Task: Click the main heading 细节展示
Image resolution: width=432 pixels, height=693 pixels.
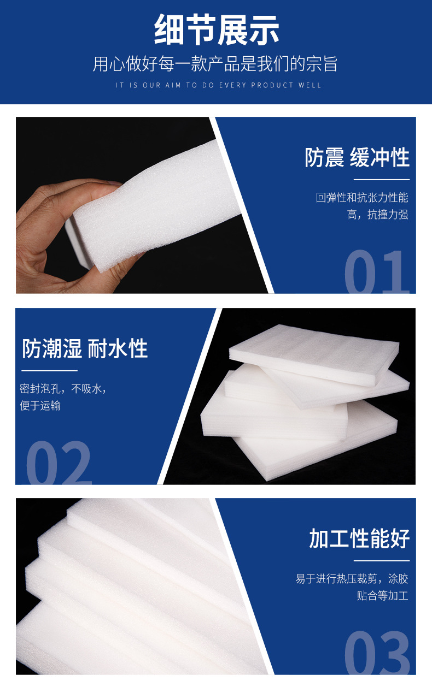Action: click(x=217, y=30)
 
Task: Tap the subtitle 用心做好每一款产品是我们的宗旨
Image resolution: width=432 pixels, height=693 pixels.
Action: click(x=215, y=64)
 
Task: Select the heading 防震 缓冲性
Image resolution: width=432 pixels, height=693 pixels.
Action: click(x=357, y=157)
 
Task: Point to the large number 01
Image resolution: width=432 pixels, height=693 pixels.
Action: click(x=377, y=272)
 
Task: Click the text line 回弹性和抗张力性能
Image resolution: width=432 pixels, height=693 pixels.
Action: click(x=362, y=197)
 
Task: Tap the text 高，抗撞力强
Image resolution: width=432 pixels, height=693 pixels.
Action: click(x=377, y=215)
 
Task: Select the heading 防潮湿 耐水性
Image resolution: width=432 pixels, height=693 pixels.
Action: click(x=85, y=348)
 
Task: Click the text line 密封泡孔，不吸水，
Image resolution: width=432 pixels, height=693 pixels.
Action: click(x=63, y=389)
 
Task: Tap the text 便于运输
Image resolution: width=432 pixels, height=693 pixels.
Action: click(x=40, y=406)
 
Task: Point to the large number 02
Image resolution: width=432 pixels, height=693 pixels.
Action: click(x=59, y=463)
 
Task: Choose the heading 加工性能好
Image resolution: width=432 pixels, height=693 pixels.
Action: click(x=359, y=538)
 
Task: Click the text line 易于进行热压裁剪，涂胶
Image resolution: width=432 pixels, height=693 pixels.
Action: click(x=352, y=578)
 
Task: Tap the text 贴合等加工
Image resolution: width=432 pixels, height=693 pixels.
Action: click(x=382, y=596)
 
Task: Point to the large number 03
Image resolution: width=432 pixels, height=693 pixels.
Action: click(x=377, y=653)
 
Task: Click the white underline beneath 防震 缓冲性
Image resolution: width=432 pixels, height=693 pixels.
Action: click(x=382, y=180)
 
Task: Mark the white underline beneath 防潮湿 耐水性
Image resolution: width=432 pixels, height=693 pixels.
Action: click(x=49, y=370)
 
